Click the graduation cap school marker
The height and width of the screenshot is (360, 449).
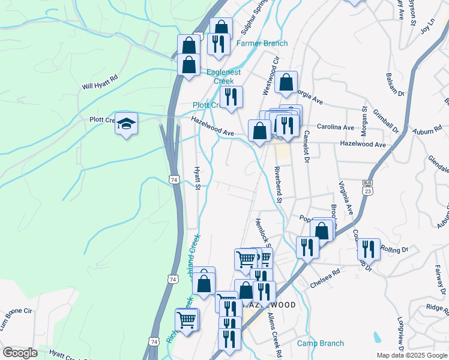click(126, 124)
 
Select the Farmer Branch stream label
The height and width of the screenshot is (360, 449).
click(262, 43)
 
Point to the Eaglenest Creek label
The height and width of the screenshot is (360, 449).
click(223, 77)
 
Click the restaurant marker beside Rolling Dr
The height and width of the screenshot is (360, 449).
click(369, 249)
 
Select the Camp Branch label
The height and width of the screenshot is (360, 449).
click(321, 343)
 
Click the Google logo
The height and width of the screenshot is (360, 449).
click(19, 353)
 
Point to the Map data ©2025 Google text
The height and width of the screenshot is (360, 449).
click(412, 355)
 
